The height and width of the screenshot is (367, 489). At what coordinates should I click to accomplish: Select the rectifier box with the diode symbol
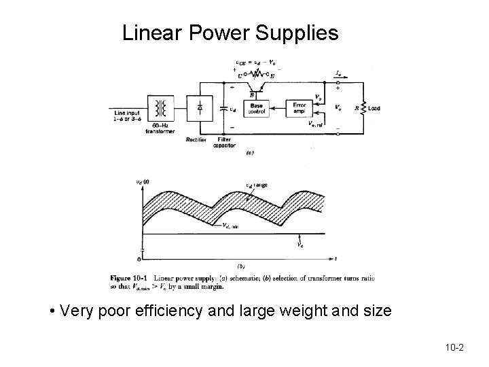200,108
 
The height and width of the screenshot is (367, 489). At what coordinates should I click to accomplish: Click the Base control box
257,109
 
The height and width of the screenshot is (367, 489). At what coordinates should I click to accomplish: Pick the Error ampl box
299,109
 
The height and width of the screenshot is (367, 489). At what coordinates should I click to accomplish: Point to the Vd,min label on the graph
230,226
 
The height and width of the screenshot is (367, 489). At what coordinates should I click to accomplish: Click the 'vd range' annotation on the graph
256,184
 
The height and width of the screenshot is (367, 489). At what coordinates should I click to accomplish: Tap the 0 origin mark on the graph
140,258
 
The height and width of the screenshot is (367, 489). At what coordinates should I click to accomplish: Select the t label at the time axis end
335,258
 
